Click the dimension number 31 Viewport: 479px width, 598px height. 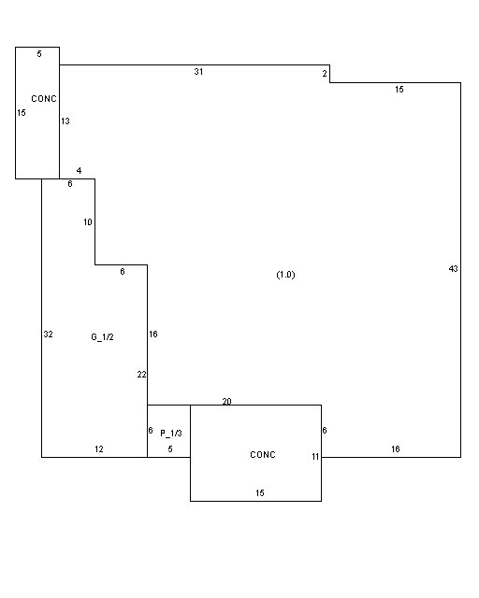point(198,71)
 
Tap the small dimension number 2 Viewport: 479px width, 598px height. point(325,74)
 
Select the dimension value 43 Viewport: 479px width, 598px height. point(453,269)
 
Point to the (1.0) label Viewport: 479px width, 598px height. point(285,275)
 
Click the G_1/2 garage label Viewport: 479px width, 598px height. point(102,337)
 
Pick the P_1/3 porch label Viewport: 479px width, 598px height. point(171,434)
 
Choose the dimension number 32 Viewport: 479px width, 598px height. point(48,335)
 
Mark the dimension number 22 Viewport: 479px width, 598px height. point(141,375)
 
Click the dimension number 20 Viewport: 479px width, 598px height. point(227,401)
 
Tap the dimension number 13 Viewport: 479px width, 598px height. point(65,121)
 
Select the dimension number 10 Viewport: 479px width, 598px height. point(88,222)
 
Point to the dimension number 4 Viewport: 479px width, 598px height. point(80,170)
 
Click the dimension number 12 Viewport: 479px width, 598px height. point(99,448)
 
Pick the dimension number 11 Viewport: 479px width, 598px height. point(315,457)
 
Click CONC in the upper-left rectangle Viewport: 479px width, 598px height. point(44,99)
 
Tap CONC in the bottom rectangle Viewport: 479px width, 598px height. point(263,455)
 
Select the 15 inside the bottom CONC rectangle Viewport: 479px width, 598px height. point(260,493)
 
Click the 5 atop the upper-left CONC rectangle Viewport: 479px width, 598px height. point(39,54)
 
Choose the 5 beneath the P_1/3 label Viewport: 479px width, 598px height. point(170,448)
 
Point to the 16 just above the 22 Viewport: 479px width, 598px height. point(153,335)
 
